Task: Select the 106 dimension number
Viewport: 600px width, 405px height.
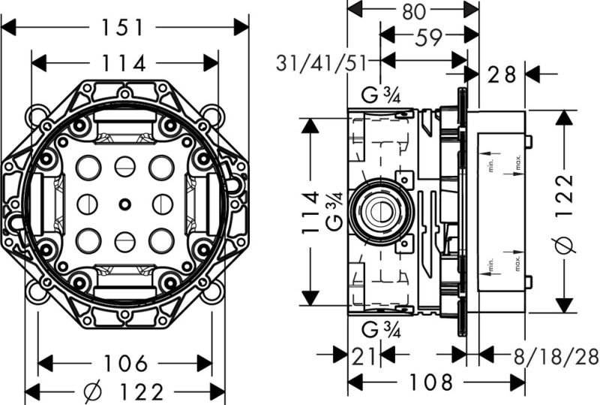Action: click(125, 363)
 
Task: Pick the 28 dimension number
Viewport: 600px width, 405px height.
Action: click(502, 74)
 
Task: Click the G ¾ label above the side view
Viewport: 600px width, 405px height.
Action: click(380, 95)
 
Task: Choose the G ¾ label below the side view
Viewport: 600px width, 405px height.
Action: click(380, 328)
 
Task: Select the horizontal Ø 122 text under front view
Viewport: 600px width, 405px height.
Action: click(125, 391)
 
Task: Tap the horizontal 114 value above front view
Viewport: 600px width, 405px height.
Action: click(125, 63)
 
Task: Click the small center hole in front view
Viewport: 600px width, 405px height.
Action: click(124, 204)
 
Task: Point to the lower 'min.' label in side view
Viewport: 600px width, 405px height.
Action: click(489, 264)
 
